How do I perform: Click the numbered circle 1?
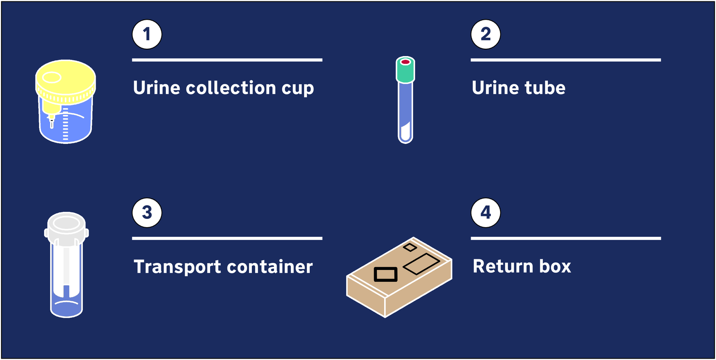point(147,34)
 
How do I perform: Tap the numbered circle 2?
point(486,34)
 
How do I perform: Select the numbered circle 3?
point(147,212)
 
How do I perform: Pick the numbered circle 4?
point(486,212)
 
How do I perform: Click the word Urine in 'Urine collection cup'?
point(157,87)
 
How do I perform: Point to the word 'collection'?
point(231,87)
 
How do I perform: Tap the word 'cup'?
point(298,90)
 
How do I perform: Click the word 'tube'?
point(545,87)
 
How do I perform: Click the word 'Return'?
point(503,266)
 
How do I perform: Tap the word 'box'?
point(555,266)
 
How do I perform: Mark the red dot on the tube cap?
point(405,62)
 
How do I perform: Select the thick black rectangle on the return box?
point(386,274)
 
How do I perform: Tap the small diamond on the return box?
point(410,247)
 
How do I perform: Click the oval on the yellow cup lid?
point(52,77)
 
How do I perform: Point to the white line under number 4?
point(566,238)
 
